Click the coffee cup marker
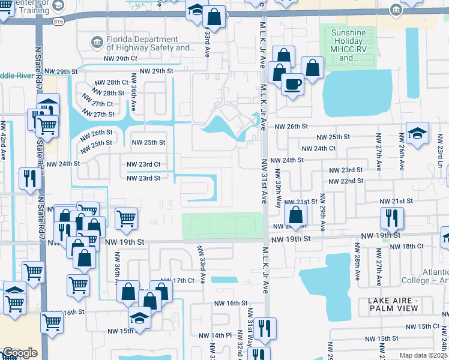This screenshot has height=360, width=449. (292, 83)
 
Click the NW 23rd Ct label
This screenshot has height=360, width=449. (143, 164)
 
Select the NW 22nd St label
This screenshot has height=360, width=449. (346, 181)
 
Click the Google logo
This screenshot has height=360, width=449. (20, 353)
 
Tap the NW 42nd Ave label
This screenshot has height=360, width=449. (4, 142)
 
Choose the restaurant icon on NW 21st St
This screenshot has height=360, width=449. (392, 217)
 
